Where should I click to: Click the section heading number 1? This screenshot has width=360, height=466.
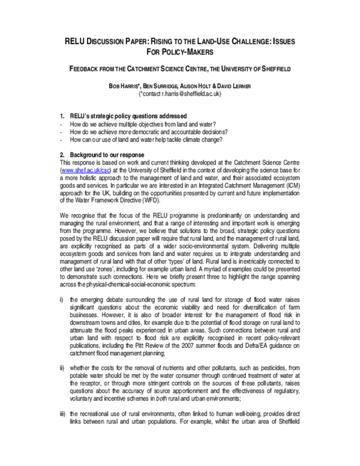point(62,115)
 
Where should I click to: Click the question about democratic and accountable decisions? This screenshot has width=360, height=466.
point(151,132)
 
